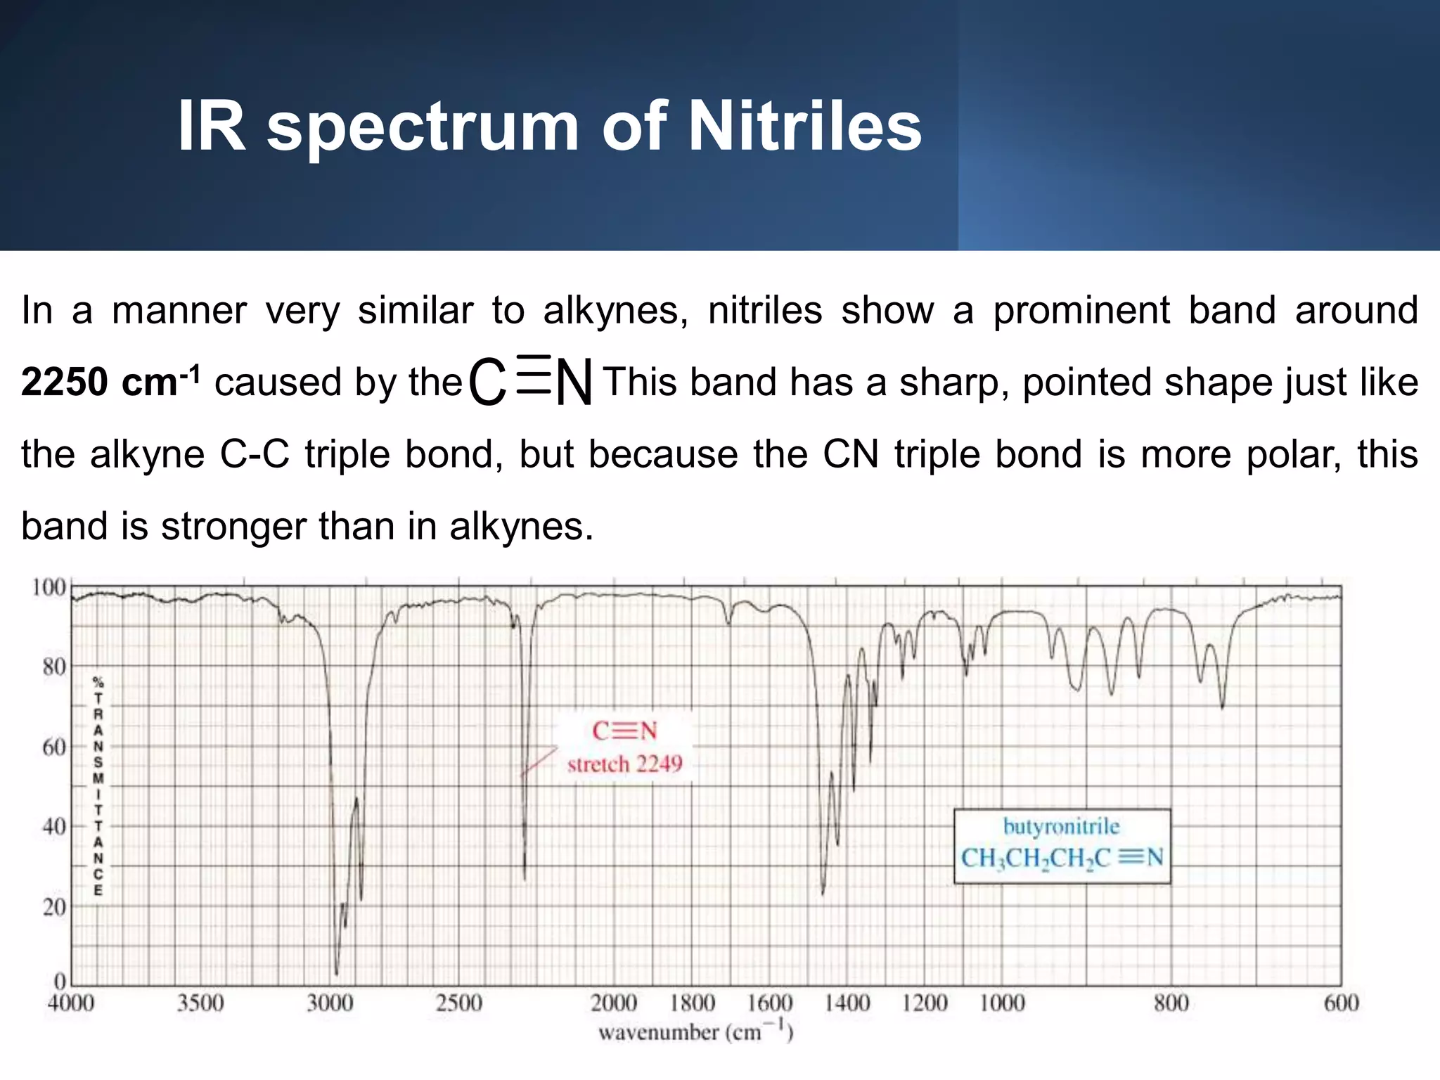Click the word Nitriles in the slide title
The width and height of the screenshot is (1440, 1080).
804,127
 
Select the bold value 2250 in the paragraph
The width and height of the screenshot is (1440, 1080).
64,382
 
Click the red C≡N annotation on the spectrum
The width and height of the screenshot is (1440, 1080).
624,731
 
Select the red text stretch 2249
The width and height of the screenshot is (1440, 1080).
624,764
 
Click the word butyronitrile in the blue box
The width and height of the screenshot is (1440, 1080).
1061,826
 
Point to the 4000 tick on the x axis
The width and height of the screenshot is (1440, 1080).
71,1003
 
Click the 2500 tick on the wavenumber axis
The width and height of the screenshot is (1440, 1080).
458,1003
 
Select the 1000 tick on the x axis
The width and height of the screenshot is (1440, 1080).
1002,1003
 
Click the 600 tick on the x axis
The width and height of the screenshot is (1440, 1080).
1341,1003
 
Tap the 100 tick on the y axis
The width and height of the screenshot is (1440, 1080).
49,587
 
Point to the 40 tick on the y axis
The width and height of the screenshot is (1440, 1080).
53,827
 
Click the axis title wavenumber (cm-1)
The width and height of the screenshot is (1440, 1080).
695,1032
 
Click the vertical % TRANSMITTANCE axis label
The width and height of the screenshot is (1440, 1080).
98,785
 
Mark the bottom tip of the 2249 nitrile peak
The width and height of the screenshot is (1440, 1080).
525,879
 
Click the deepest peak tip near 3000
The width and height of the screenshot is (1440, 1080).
336,974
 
